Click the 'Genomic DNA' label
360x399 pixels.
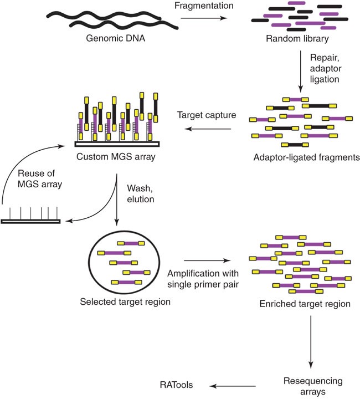click(115, 38)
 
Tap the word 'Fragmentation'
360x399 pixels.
click(204, 6)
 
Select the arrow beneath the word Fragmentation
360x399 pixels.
click(204, 18)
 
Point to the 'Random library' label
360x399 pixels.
click(297, 38)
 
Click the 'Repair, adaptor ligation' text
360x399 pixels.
click(326, 69)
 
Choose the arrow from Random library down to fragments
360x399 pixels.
click(301, 71)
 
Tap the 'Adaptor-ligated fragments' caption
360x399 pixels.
click(307, 157)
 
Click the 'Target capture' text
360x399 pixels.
click(207, 115)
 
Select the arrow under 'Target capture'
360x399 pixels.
click(208, 129)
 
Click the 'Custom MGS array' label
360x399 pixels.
click(116, 156)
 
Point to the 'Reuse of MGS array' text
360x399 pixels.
click(40, 178)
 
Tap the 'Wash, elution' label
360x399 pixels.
click(140, 193)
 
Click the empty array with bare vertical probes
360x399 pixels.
click(30, 216)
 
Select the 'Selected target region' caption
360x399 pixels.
click(125, 302)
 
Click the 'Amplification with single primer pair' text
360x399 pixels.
click(203, 279)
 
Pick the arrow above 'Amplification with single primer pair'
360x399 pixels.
click(207, 260)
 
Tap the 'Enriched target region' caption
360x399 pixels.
click(305, 304)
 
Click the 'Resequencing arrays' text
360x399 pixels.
click(313, 386)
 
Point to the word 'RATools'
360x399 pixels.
click(176, 385)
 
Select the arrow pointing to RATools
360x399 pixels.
click(233, 386)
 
